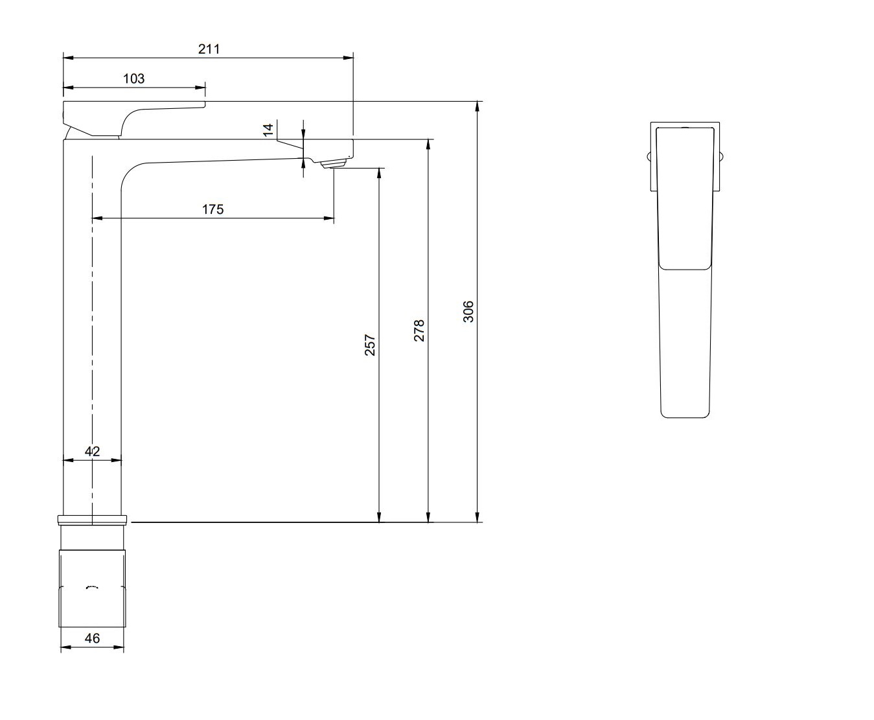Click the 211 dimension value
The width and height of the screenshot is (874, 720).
[209, 49]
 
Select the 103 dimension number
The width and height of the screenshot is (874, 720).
[133, 78]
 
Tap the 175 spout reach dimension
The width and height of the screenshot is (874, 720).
[213, 209]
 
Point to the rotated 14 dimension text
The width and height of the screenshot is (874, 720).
[268, 130]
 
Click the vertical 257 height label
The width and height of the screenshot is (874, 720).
[369, 345]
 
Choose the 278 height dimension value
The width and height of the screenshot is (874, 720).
[419, 331]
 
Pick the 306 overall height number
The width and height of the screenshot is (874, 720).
[468, 311]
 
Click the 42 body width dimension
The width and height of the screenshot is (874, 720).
[92, 451]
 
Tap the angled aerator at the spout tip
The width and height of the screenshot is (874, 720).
[333, 163]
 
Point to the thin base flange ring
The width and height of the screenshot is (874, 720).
[92, 520]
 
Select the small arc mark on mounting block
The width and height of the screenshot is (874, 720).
[92, 586]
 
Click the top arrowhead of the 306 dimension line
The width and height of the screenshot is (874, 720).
[477, 106]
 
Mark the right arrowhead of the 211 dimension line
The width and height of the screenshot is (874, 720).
[349, 58]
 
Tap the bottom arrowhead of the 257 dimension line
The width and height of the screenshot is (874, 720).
[379, 517]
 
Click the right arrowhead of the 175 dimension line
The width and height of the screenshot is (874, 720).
[329, 218]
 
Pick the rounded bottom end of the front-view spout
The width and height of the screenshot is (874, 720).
[685, 414]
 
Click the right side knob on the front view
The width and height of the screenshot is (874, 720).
[722, 157]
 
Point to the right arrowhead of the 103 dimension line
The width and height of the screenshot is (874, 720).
[200, 87]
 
